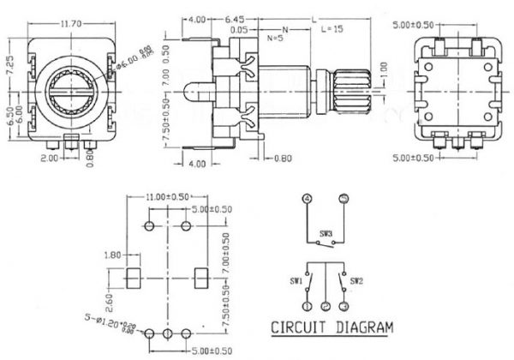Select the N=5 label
276,39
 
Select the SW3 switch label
326,232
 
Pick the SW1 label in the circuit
295,279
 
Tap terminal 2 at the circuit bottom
326,305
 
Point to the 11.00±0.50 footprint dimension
167,197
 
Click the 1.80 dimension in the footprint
111,255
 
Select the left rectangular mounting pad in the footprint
133,278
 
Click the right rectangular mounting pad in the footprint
201,278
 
